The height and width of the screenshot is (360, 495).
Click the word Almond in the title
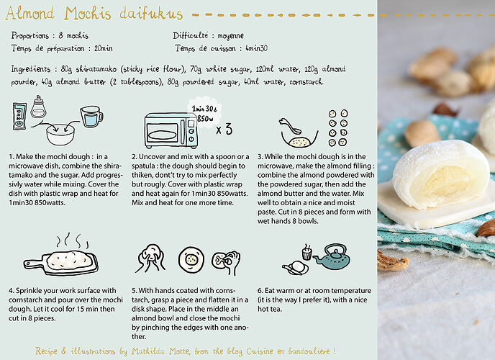pyautogui.click(x=30, y=13)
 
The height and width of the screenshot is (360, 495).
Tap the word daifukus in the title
pyautogui.click(x=151, y=13)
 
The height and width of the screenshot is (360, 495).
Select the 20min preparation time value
pyautogui.click(x=103, y=48)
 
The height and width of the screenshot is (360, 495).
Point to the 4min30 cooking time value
pyautogui.click(x=256, y=48)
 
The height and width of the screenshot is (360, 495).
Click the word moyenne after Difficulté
pyautogui.click(x=230, y=36)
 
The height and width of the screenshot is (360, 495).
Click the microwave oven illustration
pyautogui.click(x=171, y=131)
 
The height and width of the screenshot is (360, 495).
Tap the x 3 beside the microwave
pyautogui.click(x=224, y=129)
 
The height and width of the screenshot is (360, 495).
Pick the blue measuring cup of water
pyautogui.click(x=91, y=117)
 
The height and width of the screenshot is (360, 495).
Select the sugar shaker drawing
pyautogui.click(x=38, y=107)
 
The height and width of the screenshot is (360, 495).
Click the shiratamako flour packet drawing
pyautogui.click(x=19, y=116)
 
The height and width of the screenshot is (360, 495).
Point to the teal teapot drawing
pyautogui.click(x=332, y=256)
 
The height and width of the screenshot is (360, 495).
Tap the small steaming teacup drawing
pyautogui.click(x=306, y=252)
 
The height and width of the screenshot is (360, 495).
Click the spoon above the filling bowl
pyautogui.click(x=290, y=125)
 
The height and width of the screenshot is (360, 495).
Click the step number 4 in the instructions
pyautogui.click(x=11, y=291)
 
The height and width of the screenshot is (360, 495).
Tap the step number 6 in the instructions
pyautogui.click(x=260, y=291)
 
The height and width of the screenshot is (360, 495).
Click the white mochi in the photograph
pyautogui.click(x=441, y=174)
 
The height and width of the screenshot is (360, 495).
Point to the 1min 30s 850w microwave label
pyautogui.click(x=204, y=114)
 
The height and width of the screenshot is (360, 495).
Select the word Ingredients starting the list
pyautogui.click(x=31, y=69)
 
